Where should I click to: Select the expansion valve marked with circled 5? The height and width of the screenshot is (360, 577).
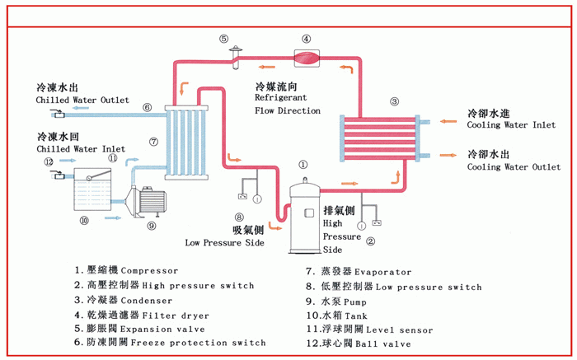pyautogui.click(x=235, y=53)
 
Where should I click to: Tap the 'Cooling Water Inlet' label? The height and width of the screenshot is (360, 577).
pyautogui.click(x=510, y=125)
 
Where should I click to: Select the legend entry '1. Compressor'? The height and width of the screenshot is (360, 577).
pyautogui.click(x=125, y=270)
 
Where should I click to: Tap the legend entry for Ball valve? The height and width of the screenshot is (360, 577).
pyautogui.click(x=358, y=344)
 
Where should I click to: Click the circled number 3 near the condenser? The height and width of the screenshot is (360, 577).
pyautogui.click(x=394, y=101)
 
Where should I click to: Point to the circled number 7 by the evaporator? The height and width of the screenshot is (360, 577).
pyautogui.click(x=153, y=141)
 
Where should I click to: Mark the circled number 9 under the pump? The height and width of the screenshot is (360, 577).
pyautogui.click(x=152, y=225)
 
